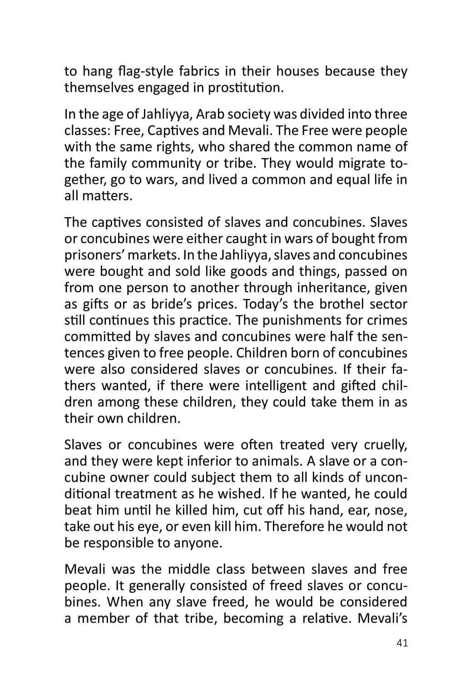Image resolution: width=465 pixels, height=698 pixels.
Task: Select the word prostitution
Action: tap(246, 87)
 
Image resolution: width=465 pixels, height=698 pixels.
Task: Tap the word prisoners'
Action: tap(95, 255)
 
